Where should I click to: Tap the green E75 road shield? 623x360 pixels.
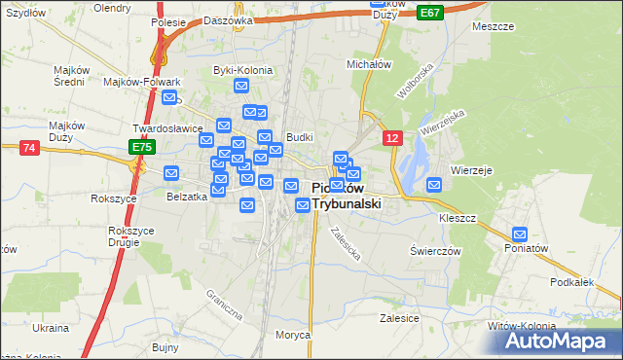tap(142, 147)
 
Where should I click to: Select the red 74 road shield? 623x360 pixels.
tap(29, 147)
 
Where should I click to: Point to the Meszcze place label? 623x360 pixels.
tap(493, 26)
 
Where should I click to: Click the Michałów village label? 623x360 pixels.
tap(369, 63)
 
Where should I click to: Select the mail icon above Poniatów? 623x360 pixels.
tap(520, 234)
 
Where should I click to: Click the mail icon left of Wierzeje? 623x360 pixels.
tap(434, 184)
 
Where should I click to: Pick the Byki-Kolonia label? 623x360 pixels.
tap(242, 70)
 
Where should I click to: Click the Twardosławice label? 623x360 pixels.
tap(167, 127)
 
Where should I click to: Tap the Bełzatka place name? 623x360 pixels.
tap(187, 196)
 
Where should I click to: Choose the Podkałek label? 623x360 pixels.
tap(571, 281)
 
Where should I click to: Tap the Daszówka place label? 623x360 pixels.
tap(230, 19)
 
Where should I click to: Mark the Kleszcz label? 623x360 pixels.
tap(457, 218)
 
